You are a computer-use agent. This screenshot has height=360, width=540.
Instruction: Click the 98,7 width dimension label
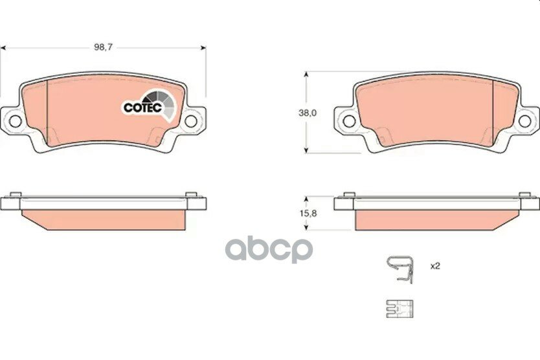(104, 47)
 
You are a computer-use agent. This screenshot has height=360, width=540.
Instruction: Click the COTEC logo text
(142, 107)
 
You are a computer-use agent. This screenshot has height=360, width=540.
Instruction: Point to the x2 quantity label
(435, 266)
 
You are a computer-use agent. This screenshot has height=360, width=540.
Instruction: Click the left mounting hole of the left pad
(15, 121)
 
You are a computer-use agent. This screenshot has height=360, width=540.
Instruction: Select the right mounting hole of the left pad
(191, 121)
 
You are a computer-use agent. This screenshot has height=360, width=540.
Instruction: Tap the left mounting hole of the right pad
(349, 121)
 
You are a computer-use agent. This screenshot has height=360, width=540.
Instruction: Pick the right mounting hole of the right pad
(525, 121)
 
